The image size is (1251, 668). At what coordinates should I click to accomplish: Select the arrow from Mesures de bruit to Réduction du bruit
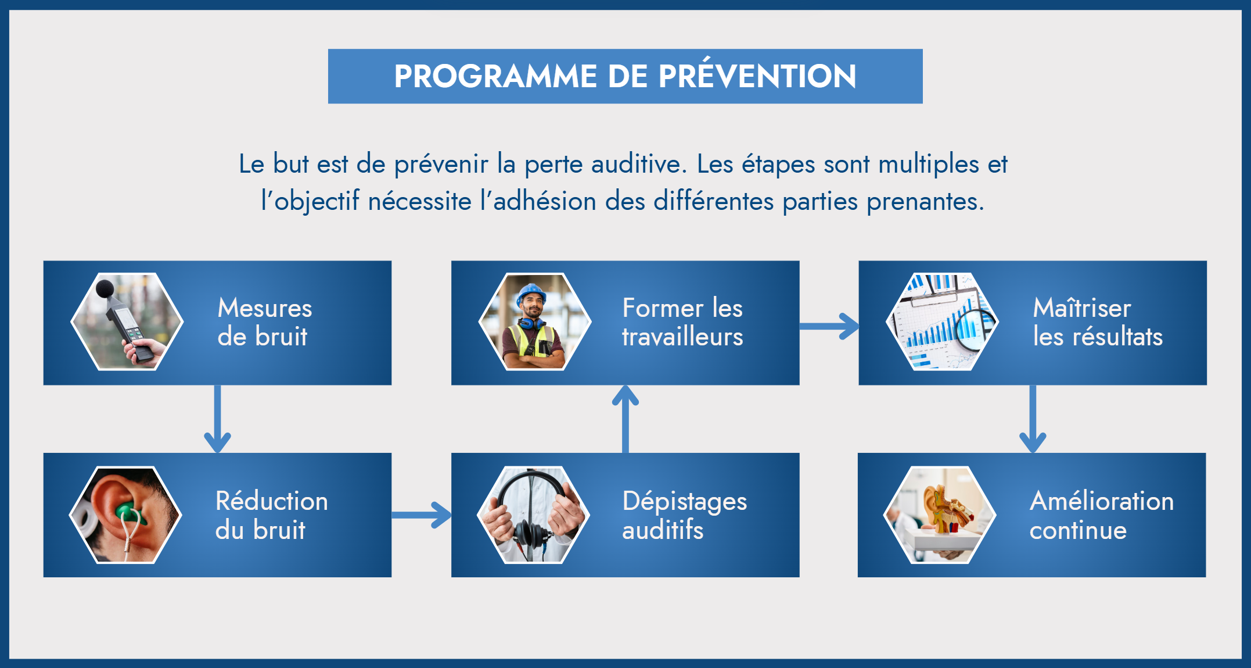(218, 419)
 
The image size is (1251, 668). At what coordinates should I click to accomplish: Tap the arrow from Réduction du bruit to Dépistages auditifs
(422, 515)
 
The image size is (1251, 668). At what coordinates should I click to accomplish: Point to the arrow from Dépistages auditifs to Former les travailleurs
(625, 419)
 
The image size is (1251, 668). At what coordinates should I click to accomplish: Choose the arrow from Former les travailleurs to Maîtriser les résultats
(829, 326)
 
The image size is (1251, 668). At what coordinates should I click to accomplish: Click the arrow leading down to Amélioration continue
(1033, 419)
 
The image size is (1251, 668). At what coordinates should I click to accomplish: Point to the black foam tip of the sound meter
(105, 288)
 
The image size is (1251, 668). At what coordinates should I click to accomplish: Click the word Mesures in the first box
(265, 308)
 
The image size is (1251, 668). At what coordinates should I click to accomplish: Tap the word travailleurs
(682, 337)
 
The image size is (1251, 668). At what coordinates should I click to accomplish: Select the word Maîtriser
(1082, 308)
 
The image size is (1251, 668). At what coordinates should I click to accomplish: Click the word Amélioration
(1102, 501)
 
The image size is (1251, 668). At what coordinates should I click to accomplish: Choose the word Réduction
(272, 501)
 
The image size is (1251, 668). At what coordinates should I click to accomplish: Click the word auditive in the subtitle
(639, 164)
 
